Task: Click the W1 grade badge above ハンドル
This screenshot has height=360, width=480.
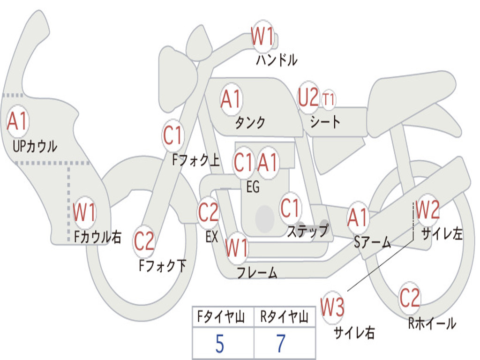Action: tap(262, 37)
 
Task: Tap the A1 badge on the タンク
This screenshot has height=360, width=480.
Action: tap(231, 99)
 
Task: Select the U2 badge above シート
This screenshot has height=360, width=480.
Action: tap(308, 97)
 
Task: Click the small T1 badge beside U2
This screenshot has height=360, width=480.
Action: tap(328, 99)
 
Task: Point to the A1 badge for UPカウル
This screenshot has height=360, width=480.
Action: tap(18, 121)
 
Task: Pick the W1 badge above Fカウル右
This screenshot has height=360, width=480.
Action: tap(84, 213)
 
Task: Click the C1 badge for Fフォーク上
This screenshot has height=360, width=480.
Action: tap(173, 136)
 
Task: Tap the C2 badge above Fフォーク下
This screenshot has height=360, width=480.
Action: tap(144, 241)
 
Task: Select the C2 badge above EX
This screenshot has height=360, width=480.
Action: tap(209, 212)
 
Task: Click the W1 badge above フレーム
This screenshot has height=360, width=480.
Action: tap(236, 248)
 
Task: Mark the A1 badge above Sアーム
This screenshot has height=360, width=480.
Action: tap(358, 217)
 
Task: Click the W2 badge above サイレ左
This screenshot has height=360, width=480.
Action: tap(427, 210)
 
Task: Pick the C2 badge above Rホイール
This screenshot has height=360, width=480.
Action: tap(410, 298)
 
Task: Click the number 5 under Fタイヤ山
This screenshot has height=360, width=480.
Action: tap(219, 345)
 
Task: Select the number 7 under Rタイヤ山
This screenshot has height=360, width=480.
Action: tap(281, 345)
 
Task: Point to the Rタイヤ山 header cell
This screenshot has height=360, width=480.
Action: tap(284, 318)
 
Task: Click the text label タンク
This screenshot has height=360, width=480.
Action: tap(250, 123)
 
